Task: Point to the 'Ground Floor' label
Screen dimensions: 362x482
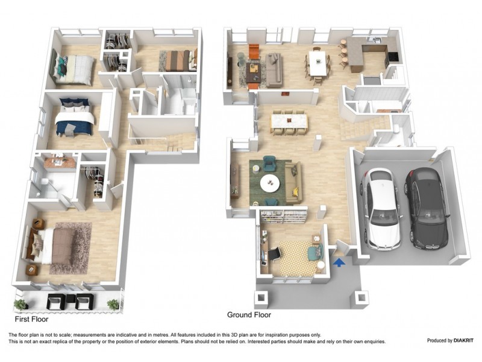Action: coord(249,315)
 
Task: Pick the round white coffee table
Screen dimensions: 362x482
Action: coord(270,182)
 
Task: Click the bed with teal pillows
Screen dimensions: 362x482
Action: coord(74,68)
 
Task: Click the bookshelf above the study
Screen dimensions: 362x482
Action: coord(284,214)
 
